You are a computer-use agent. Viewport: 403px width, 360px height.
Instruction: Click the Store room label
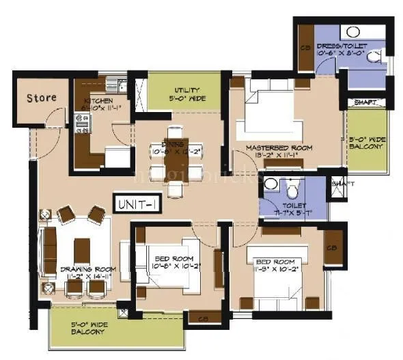tap(42, 98)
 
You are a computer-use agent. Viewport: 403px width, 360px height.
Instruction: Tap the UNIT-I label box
tap(137, 204)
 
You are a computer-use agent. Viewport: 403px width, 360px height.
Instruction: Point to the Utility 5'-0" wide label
tap(186, 94)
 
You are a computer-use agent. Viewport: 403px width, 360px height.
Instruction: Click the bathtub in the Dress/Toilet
tap(353, 31)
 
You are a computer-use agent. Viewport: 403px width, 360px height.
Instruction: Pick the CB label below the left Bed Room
tap(202, 318)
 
